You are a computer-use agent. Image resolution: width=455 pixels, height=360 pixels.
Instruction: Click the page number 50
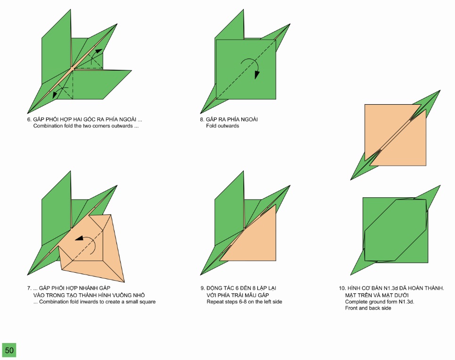pyautogui.click(x=9, y=350)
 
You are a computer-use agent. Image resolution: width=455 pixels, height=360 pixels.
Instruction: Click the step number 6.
pyautogui.click(x=29, y=119)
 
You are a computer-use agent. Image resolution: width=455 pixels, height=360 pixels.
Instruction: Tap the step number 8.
pyautogui.click(x=202, y=119)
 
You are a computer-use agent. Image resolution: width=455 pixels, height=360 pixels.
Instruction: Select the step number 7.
pyautogui.click(x=29, y=288)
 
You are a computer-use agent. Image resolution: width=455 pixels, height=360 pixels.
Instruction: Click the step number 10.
pyautogui.click(x=342, y=288)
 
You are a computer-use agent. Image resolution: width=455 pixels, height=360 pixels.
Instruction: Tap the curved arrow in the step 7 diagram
pyautogui.click(x=86, y=244)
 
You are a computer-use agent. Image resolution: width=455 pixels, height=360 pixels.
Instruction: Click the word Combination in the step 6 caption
pyautogui.click(x=48, y=126)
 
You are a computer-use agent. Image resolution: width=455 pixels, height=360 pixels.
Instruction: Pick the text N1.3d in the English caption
pyautogui.click(x=406, y=301)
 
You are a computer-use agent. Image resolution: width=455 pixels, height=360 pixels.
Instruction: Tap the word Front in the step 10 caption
pyautogui.click(x=351, y=308)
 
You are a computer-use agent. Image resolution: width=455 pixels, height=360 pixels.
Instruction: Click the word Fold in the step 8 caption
pyautogui.click(x=211, y=126)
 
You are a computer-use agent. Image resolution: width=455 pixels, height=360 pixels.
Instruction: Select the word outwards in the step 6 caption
pyautogui.click(x=122, y=126)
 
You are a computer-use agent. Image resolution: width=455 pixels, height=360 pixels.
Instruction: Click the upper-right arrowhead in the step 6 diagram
pyautogui.click(x=99, y=51)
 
